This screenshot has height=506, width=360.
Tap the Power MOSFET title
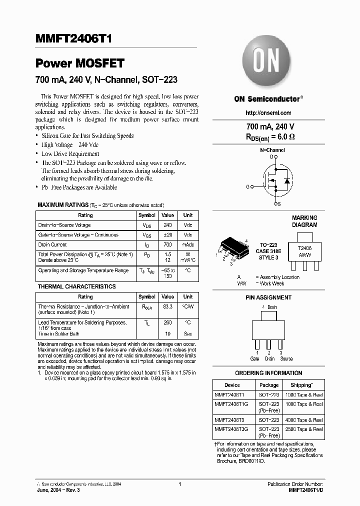click(79, 63)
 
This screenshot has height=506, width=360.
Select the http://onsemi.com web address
click(268, 113)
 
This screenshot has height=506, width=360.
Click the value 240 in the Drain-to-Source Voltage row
click(167, 225)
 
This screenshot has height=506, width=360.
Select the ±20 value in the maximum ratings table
click(167, 235)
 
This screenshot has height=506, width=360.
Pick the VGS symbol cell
click(147, 235)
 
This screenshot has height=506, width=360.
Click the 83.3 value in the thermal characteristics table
click(167, 306)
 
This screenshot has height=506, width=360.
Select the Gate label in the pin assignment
click(255, 358)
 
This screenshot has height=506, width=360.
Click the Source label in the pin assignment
click(286, 358)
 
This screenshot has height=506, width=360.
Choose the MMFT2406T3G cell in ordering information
click(233, 429)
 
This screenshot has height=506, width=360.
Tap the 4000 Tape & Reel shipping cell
click(303, 420)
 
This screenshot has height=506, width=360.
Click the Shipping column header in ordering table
click(301, 385)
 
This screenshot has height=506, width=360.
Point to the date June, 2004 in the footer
click(51, 490)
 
